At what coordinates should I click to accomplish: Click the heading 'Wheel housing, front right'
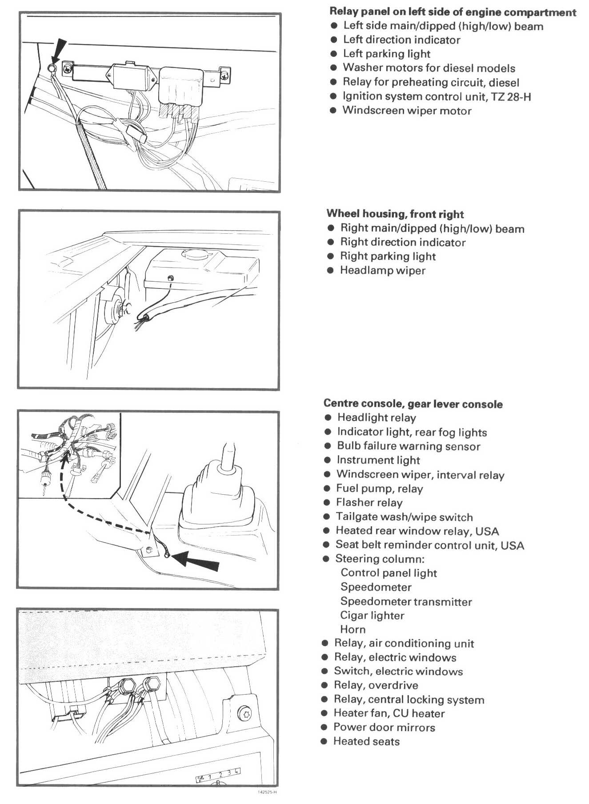click(x=395, y=214)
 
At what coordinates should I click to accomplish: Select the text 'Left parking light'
click(x=386, y=54)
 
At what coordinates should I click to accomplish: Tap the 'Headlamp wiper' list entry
click(x=382, y=270)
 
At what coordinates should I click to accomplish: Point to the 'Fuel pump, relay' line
click(x=379, y=488)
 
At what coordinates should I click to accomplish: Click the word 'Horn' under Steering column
click(x=353, y=629)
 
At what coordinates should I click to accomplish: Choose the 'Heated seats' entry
click(x=366, y=741)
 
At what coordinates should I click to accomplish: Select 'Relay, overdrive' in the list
click(x=376, y=685)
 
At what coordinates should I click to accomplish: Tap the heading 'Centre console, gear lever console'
click(x=413, y=404)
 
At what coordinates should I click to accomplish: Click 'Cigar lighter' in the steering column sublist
click(x=372, y=616)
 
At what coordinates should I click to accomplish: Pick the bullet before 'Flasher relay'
click(x=327, y=503)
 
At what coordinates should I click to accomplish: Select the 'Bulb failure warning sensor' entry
click(x=409, y=446)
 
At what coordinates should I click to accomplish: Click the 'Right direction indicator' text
click(x=403, y=242)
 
